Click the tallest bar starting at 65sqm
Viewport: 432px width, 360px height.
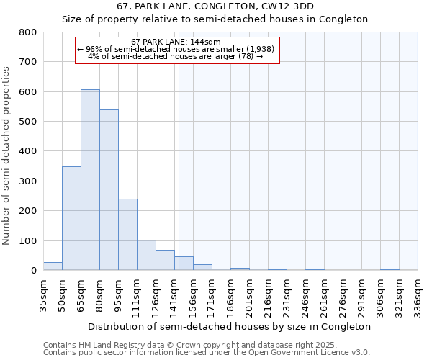[90, 180]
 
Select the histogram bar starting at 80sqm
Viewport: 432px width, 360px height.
[109, 190]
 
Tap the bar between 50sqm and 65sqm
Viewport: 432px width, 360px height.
[71, 218]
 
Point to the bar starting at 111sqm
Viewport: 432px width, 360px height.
[146, 255]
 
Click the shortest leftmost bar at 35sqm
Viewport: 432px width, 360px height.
[53, 266]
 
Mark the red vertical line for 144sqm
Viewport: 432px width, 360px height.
[179, 166]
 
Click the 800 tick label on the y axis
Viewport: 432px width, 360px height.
[27, 32]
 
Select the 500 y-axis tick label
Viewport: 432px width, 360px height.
[27, 122]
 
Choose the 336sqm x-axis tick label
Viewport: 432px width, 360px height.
[418, 295]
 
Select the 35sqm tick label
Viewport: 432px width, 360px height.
[43, 295]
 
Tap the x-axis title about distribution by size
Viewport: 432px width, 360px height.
[229, 326]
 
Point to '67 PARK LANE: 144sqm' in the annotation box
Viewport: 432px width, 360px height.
[176, 42]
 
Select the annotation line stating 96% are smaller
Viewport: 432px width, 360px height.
[176, 49]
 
